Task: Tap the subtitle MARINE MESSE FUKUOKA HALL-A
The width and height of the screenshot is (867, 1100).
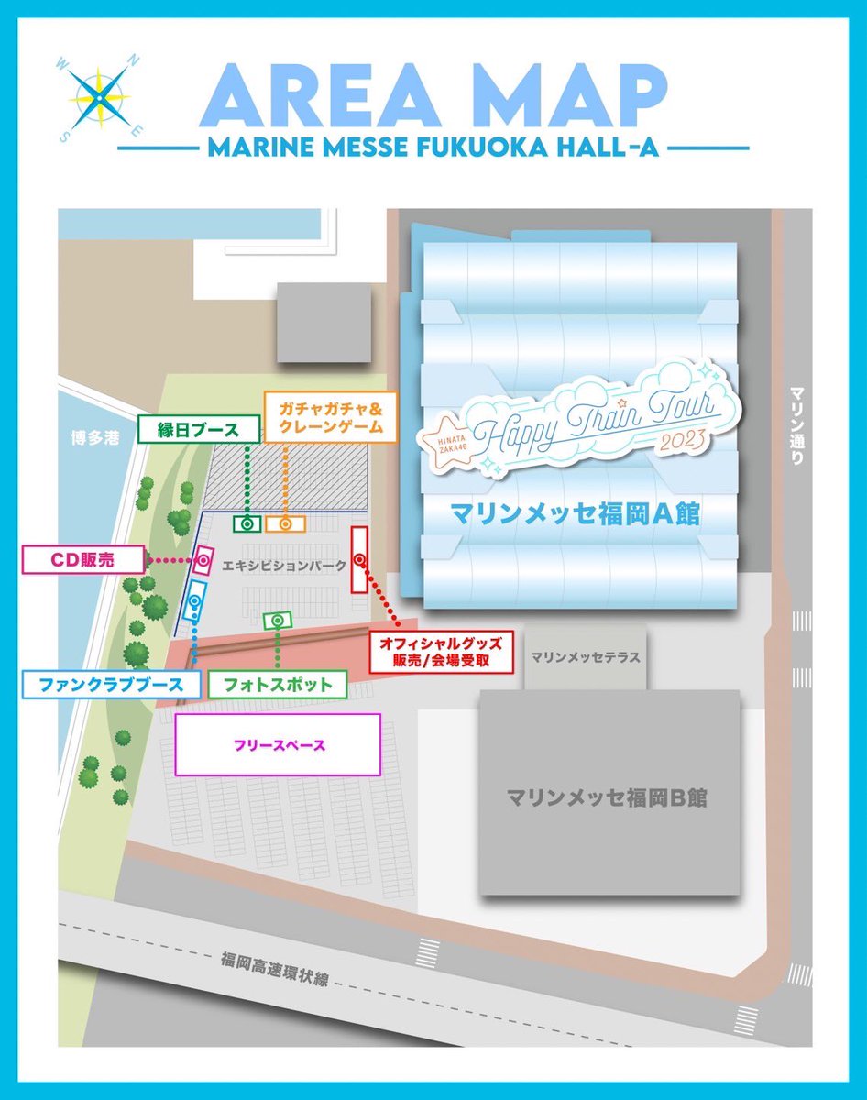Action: (x=433, y=148)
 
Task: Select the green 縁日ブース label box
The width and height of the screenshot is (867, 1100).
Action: (x=197, y=429)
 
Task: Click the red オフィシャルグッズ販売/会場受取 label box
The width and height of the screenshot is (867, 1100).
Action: (x=440, y=651)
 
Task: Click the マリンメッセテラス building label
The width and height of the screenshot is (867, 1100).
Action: (x=585, y=657)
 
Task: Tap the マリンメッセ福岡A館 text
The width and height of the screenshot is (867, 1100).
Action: (x=575, y=515)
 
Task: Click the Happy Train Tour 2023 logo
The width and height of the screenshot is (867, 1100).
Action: (x=574, y=424)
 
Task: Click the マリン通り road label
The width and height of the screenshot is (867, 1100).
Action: (x=795, y=425)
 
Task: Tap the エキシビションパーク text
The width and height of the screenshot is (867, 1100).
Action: (x=284, y=566)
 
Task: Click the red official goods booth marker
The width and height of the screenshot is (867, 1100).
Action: (x=359, y=559)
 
